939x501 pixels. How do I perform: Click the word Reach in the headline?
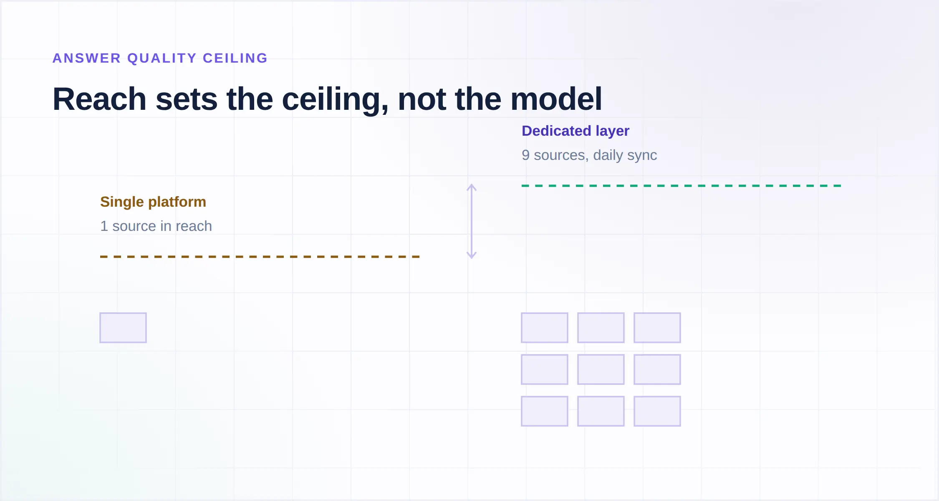point(99,99)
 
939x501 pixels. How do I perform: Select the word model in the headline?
point(556,99)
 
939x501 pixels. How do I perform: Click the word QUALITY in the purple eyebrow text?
point(162,58)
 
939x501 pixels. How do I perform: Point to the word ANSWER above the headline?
point(87,58)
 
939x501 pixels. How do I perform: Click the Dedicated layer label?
point(576,131)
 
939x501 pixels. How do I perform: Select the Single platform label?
point(153,202)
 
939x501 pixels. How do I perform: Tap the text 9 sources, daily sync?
point(589,155)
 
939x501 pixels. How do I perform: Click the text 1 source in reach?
point(156,226)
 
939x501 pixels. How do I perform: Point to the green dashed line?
point(681,186)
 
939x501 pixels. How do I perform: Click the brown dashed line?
point(260,257)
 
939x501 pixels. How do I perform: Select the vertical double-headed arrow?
point(472,221)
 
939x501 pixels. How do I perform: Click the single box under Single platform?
point(123,328)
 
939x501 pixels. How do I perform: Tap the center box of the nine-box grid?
point(601,369)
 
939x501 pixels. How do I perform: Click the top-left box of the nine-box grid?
point(545,328)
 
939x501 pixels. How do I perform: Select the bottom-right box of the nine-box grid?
point(657,411)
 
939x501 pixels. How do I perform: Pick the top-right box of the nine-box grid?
point(657,328)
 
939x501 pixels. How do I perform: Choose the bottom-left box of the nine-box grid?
point(545,411)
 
